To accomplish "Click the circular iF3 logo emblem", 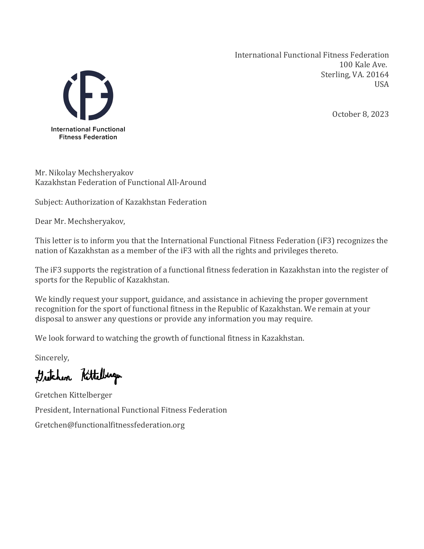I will coord(88,95).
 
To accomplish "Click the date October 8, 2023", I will coord(360,114).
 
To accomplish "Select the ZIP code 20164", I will coord(377,75).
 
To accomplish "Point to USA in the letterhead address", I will coord(381,84).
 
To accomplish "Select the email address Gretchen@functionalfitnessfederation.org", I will coord(110,425).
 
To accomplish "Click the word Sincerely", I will coord(52,358).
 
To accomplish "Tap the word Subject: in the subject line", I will coord(49,202).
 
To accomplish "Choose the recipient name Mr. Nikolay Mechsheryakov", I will coord(84,173).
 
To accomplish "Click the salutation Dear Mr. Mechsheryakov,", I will coord(80,221).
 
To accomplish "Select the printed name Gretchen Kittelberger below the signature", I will coord(73,395).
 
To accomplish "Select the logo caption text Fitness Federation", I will coord(88,137).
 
